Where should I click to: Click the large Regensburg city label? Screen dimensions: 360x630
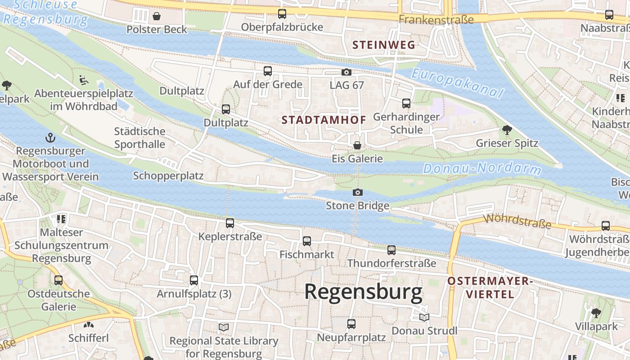363,292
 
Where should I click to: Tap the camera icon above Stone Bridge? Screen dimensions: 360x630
358,193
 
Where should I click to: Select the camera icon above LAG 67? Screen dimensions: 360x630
346,72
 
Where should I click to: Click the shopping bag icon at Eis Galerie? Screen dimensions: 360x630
357,145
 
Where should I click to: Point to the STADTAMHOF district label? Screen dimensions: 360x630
324,120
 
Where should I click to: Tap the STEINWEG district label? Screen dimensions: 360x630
383,45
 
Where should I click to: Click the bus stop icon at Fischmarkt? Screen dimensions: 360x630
307,241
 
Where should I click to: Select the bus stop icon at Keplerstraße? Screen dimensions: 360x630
230,223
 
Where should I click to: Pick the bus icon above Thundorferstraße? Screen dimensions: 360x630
391,250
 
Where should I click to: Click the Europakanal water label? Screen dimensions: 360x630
457,83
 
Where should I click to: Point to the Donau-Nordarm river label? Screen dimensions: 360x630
482,169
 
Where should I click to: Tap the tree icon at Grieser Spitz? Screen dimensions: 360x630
507,130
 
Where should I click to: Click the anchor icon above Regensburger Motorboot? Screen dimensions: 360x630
50,138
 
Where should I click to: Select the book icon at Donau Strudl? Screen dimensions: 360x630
424,318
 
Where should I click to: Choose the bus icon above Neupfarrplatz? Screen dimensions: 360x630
351,324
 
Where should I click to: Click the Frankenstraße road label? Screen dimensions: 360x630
436,20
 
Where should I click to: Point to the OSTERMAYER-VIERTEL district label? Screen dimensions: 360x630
490,288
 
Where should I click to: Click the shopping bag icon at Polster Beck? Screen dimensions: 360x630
157,17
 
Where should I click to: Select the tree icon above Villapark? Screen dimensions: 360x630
596,313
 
